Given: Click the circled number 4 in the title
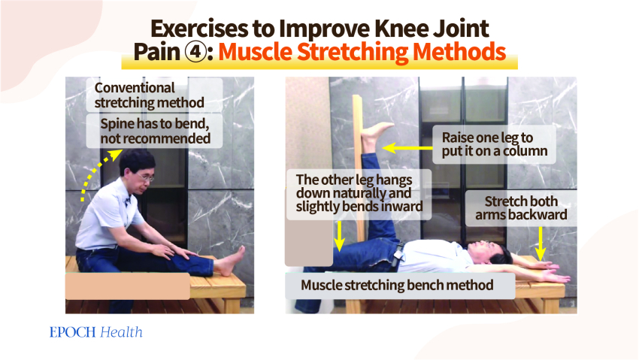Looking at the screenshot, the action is [x=196, y=53].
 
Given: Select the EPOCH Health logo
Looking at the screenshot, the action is [x=95, y=332].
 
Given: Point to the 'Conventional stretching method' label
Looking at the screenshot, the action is [x=149, y=95].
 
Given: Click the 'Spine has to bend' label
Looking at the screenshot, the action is [x=155, y=131].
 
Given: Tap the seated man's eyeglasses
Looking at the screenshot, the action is [x=146, y=177].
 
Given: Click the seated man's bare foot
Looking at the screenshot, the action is [x=230, y=262].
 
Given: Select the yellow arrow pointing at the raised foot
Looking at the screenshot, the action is [x=407, y=148].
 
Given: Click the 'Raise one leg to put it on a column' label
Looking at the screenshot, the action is [x=495, y=144].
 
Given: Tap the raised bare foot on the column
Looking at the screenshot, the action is [x=374, y=135].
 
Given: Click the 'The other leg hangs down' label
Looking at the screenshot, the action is [x=359, y=193].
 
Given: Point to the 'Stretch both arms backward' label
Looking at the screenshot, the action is [x=521, y=207].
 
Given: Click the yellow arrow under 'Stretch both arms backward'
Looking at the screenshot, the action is [x=541, y=244].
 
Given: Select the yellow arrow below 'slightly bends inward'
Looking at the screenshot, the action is [x=339, y=236].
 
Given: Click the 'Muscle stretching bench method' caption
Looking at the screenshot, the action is [x=396, y=285].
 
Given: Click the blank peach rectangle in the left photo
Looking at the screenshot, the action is [x=128, y=286].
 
